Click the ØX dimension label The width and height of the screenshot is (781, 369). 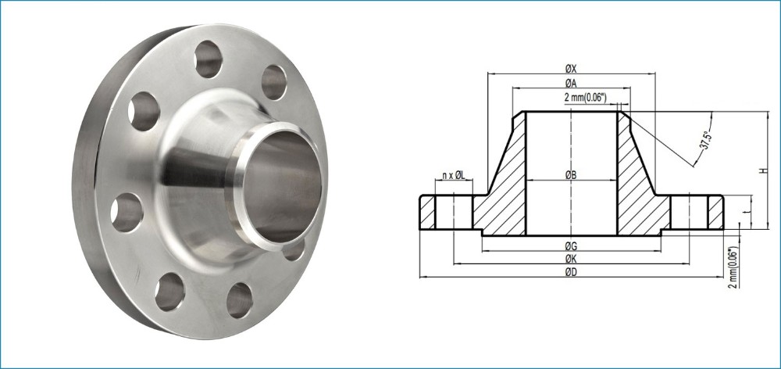571,68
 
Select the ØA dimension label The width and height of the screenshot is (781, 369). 571,84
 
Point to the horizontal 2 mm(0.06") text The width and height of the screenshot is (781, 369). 585,99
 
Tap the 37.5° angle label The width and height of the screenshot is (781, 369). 704,140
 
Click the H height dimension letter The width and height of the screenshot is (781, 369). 763,170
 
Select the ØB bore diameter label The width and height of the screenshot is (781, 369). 571,175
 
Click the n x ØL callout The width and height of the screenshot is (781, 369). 453,175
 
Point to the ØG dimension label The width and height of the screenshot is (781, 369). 571,245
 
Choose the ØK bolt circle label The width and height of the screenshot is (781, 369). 571,259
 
